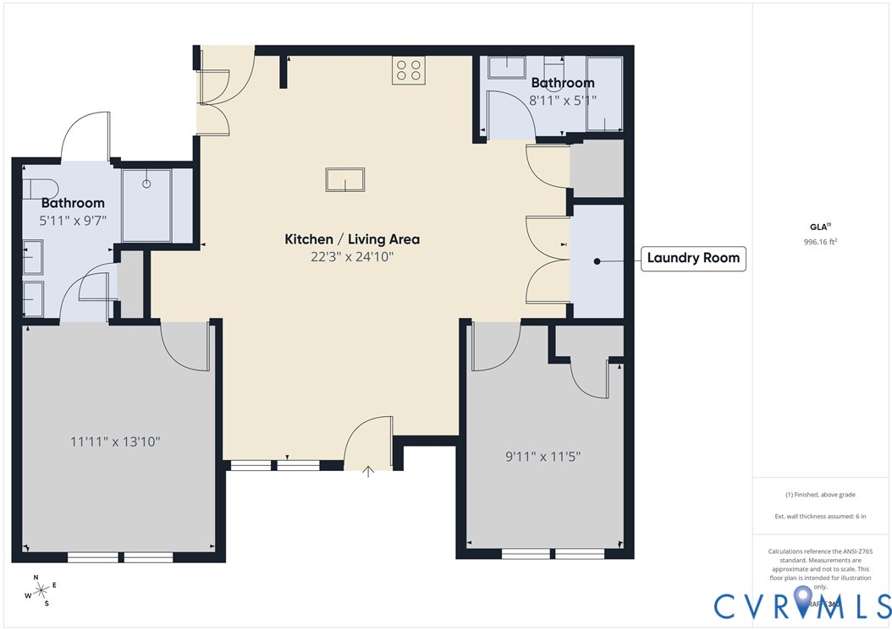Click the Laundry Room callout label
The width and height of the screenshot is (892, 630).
(692, 258)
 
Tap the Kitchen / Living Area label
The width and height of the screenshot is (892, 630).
(352, 239)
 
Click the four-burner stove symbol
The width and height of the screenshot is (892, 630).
(408, 70)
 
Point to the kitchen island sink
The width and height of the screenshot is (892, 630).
(345, 181)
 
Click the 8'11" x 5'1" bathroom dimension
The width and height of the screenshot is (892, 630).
(563, 100)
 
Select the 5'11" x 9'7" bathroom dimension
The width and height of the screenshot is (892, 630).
(73, 220)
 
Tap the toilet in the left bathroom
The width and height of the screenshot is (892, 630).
(39, 187)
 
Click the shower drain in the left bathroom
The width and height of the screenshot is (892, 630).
(146, 183)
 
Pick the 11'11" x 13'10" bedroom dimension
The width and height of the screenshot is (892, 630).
(115, 441)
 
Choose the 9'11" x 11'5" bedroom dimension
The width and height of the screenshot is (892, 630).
(543, 457)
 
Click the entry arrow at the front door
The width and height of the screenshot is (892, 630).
(368, 471)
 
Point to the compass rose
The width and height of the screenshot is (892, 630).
(40, 589)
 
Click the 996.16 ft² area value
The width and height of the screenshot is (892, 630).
(820, 242)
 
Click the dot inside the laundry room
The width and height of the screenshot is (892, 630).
(597, 262)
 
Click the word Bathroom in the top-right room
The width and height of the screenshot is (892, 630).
(563, 83)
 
